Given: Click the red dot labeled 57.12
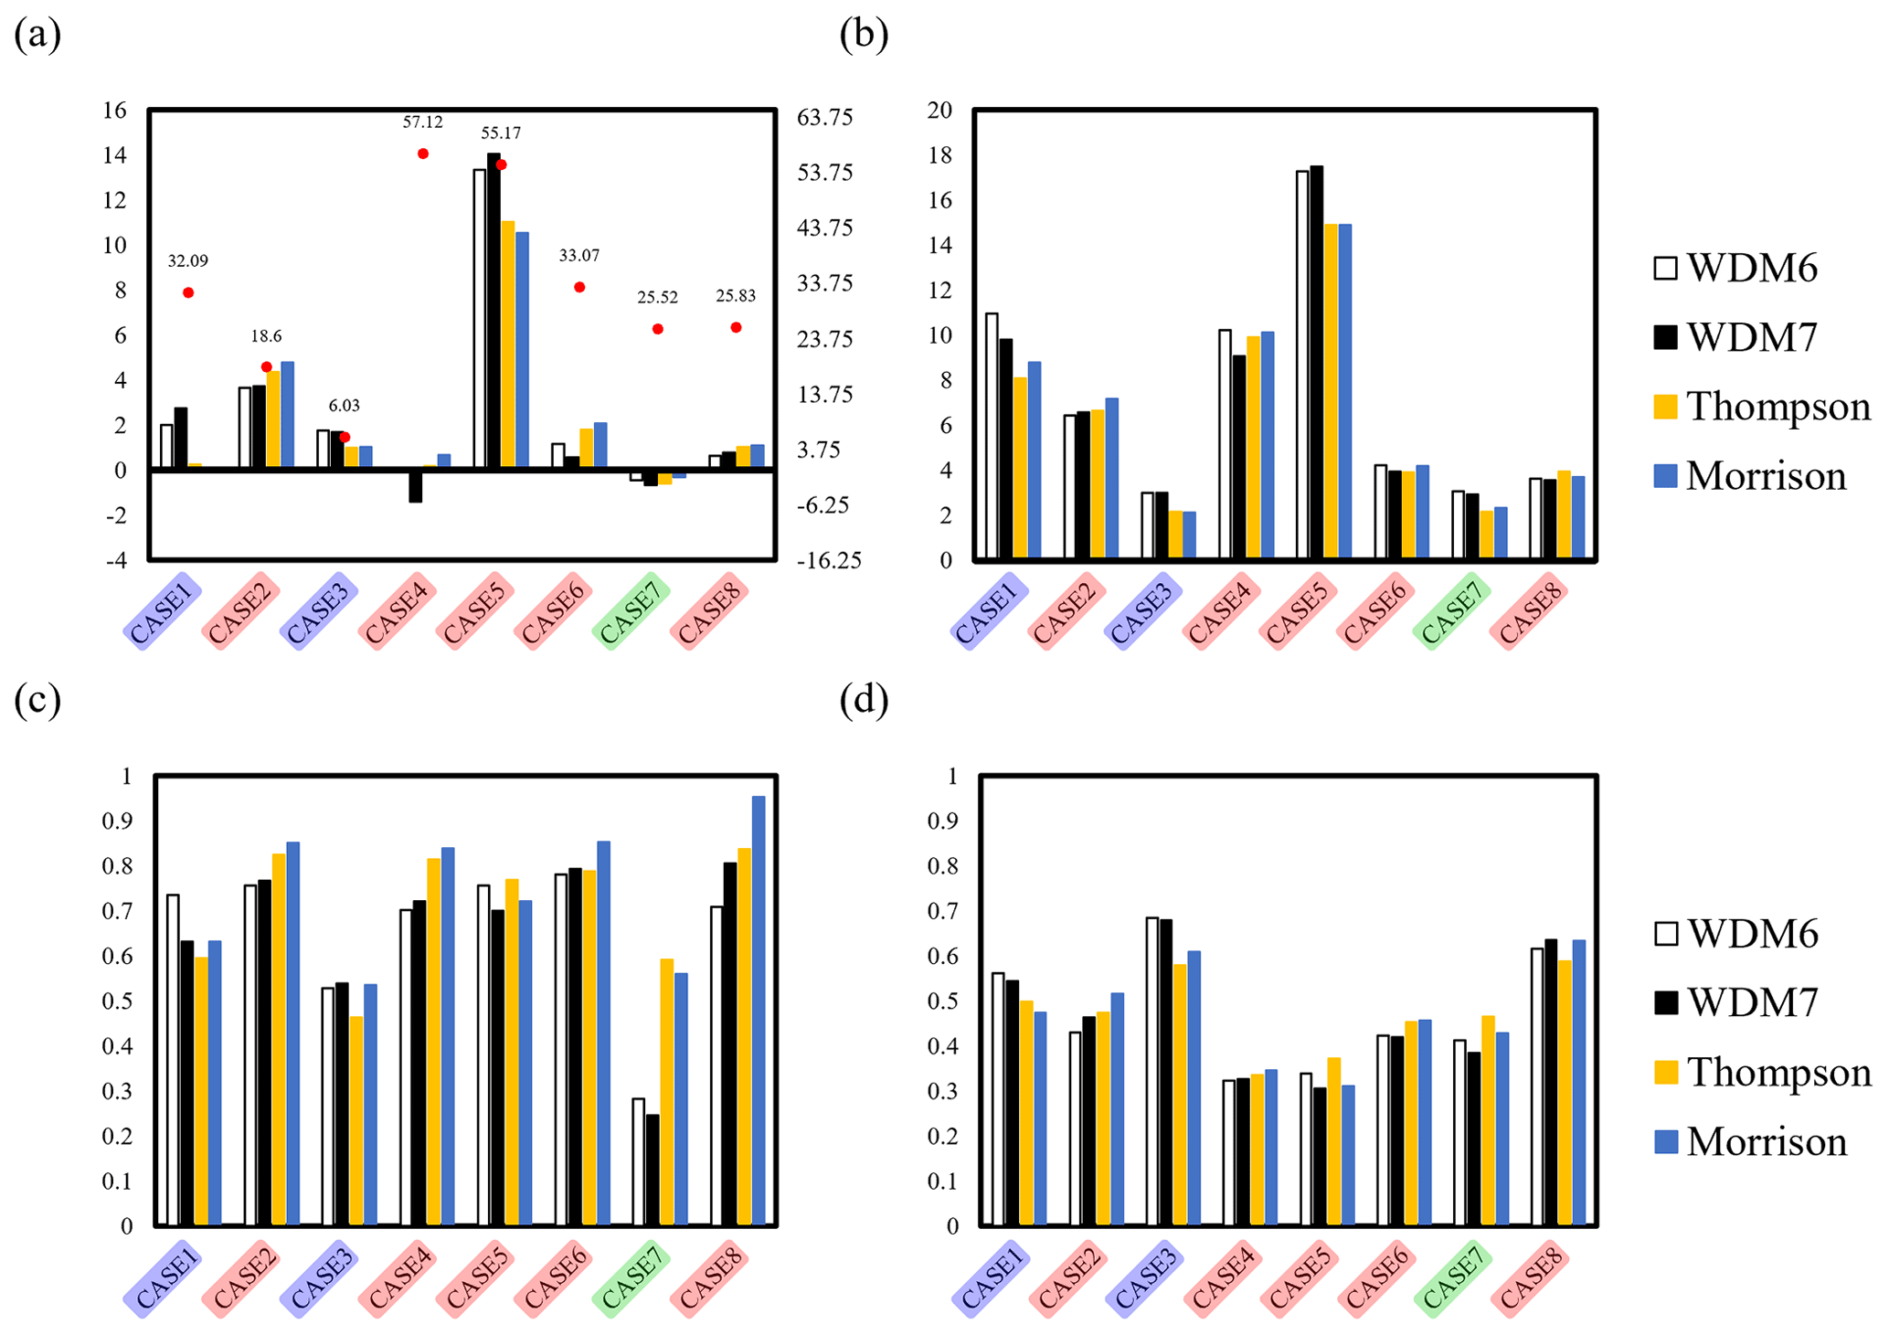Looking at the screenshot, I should [423, 154].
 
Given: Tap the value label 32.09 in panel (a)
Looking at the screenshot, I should [187, 261].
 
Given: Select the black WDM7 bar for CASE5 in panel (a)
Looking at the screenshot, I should [493, 311].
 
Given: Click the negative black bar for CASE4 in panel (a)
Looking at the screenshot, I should [416, 486].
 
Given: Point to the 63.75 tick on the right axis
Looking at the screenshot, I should [824, 117].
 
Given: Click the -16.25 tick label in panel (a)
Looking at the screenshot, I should [828, 561].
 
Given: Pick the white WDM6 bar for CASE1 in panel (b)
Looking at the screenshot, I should [992, 436].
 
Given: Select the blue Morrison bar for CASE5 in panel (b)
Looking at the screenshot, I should [1344, 391].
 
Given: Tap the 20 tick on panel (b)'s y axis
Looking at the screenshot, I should [939, 111].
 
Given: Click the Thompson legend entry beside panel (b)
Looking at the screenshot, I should [1760, 407].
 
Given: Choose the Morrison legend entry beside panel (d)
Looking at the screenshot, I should [1750, 1142].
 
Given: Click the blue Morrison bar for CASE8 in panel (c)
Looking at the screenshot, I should [759, 1010].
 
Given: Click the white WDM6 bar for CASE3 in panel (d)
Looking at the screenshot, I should [1152, 1071].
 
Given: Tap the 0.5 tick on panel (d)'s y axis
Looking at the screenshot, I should [942, 1001].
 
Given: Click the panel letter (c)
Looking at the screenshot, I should [37, 699].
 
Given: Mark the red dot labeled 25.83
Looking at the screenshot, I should [736, 327].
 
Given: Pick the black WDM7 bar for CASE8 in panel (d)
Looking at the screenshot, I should [1550, 1082].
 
